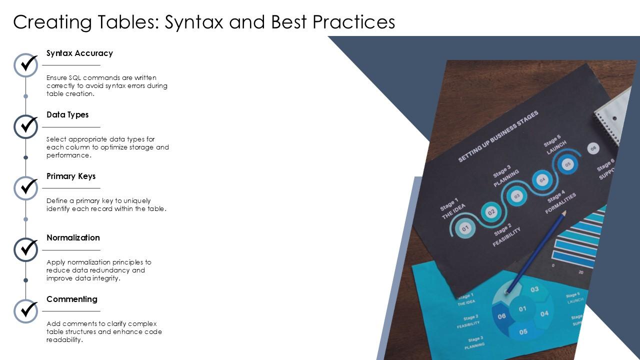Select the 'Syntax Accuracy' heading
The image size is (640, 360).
[x=79, y=53]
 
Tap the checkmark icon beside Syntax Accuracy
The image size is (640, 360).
[x=26, y=65]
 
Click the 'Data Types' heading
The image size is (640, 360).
[x=67, y=114]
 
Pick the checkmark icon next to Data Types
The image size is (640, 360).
[x=26, y=126]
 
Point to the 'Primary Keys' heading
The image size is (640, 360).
[x=71, y=176]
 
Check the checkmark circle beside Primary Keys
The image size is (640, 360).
[x=26, y=188]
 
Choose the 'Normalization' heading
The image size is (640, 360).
[x=73, y=237]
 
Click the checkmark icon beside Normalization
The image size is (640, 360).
[x=26, y=249]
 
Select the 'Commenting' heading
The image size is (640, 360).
[x=72, y=299]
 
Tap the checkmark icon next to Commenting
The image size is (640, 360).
[x=26, y=311]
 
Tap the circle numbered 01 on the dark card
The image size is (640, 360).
[x=465, y=229]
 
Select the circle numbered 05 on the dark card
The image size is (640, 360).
[x=567, y=164]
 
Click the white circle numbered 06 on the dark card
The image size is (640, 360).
[x=593, y=148]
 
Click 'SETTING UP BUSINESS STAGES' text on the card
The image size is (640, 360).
[x=498, y=136]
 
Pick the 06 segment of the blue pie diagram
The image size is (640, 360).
[x=501, y=316]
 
